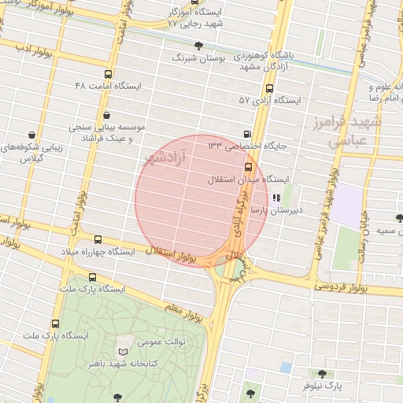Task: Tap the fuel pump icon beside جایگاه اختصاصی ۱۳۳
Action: click(249, 134)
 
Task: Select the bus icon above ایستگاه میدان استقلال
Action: click(249, 167)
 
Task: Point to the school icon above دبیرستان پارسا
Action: click(275, 198)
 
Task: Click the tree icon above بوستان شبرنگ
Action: click(198, 46)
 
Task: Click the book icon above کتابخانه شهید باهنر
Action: click(121, 350)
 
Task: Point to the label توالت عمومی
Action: click(161, 342)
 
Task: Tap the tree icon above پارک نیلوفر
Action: click(321, 374)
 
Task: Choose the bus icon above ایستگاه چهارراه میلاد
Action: click(98, 238)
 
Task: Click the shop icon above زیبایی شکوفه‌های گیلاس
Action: click(31, 135)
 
